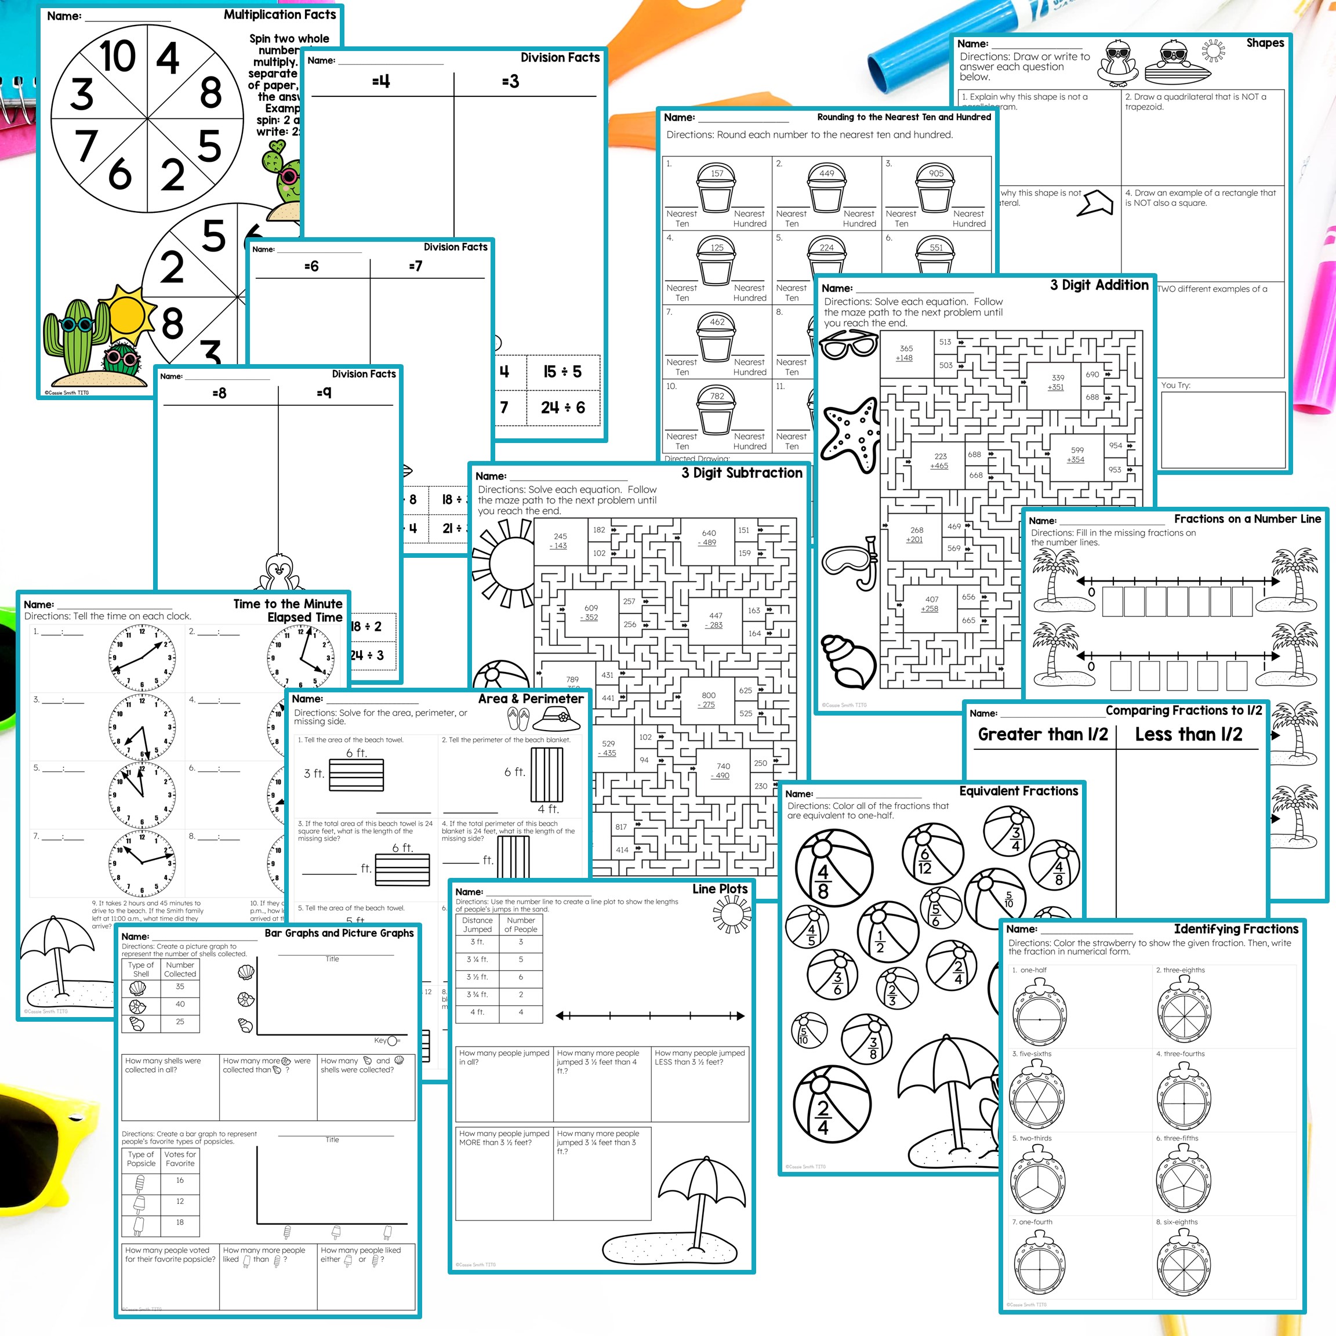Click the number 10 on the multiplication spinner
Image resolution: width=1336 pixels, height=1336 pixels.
click(x=117, y=57)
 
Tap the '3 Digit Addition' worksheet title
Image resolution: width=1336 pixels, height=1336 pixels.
click(x=1099, y=285)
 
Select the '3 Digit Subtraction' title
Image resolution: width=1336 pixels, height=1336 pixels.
click(x=741, y=473)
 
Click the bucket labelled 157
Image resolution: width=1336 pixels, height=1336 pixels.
click(x=716, y=188)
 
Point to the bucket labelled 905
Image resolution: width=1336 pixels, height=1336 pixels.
click(x=936, y=188)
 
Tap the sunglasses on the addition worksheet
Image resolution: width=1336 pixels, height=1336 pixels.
click(x=848, y=344)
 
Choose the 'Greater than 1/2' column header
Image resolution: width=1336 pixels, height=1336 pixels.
click(x=1042, y=734)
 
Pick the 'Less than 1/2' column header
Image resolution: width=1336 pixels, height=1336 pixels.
click(x=1188, y=734)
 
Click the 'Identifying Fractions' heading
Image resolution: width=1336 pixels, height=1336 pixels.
click(x=1236, y=930)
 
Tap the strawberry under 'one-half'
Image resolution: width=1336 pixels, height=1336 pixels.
click(x=1039, y=1011)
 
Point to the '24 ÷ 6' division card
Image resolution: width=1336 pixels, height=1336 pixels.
click(x=562, y=407)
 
